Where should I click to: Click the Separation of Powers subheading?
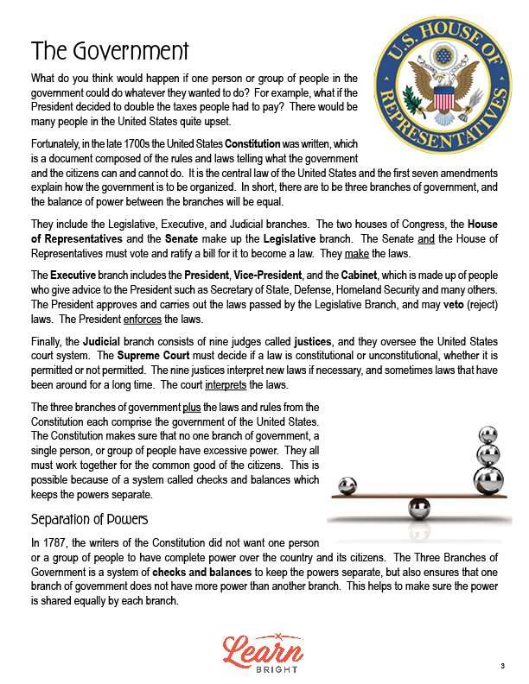(x=89, y=519)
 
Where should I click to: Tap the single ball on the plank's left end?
(x=348, y=485)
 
